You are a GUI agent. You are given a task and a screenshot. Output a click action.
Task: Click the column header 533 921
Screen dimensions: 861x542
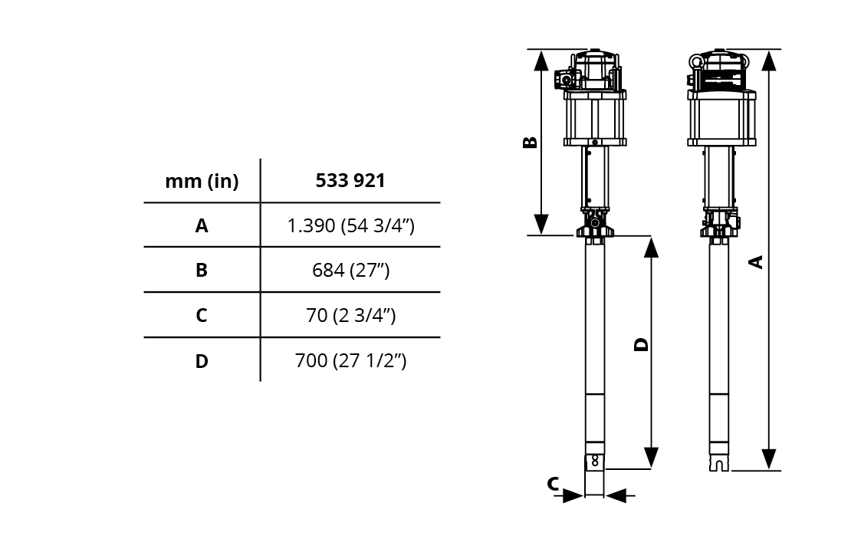pos(350,181)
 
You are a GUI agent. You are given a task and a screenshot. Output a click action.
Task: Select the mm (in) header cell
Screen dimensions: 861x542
pos(202,181)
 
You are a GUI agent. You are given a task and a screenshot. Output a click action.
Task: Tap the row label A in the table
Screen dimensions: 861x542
pos(202,225)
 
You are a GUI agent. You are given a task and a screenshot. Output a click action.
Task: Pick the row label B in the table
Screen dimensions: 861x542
pos(202,270)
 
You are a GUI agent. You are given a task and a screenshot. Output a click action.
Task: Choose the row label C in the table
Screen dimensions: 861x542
pos(202,315)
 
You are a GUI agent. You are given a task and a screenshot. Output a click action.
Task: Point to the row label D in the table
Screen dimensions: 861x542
pos(202,361)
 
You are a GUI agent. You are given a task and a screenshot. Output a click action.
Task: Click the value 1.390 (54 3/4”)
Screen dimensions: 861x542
pos(351,225)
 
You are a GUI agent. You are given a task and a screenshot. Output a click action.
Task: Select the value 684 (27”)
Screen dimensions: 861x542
pos(351,270)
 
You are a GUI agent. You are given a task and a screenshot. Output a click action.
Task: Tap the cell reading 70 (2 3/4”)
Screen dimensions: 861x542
pos(351,315)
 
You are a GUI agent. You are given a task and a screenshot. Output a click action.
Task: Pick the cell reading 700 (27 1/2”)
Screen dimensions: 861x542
pos(351,361)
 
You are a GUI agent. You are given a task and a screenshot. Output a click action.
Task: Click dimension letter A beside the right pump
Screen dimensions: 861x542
pos(757,262)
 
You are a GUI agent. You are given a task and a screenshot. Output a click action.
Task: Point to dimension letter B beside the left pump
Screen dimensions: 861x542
pos(530,143)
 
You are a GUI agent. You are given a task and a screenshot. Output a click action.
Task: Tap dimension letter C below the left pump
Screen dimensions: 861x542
pos(553,484)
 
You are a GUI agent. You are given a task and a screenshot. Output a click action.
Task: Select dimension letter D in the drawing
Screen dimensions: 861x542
pos(642,344)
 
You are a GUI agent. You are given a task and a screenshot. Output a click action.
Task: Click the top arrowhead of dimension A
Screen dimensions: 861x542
pos(769,61)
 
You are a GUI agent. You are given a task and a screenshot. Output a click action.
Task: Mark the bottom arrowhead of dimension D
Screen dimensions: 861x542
pos(651,458)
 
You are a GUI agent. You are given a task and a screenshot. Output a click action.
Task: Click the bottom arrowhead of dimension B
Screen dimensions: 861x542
pos(541,225)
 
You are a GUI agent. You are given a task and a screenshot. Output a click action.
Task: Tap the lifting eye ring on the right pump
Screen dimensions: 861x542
pos(697,61)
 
